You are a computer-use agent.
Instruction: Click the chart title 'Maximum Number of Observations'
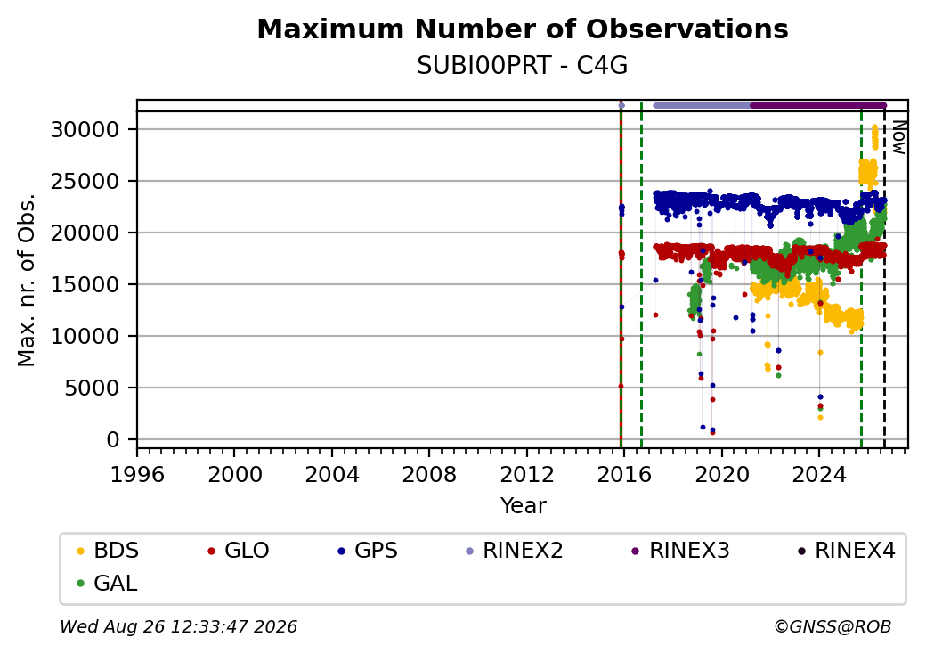coord(523,29)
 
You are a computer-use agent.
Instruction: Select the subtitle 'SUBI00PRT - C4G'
coord(523,66)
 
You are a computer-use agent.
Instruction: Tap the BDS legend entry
coord(108,551)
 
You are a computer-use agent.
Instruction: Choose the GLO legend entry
coord(238,551)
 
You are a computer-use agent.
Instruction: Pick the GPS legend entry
coord(368,551)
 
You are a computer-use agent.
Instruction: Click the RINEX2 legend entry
coord(514,551)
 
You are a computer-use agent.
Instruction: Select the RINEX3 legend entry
coord(680,551)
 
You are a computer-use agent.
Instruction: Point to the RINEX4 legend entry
coord(846,551)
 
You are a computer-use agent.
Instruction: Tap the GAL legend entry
coord(107,583)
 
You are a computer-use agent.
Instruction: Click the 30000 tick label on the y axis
coord(85,129)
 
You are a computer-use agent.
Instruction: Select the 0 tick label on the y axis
coord(113,439)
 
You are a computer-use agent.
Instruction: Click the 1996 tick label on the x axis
coord(137,474)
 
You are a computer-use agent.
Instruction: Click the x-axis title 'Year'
coord(524,506)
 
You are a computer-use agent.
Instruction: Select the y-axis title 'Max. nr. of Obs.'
coord(27,280)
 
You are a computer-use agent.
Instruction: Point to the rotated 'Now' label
coord(898,137)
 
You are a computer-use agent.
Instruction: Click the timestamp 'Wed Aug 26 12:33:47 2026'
coord(179,626)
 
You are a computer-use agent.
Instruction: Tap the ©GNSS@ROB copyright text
coord(833,626)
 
